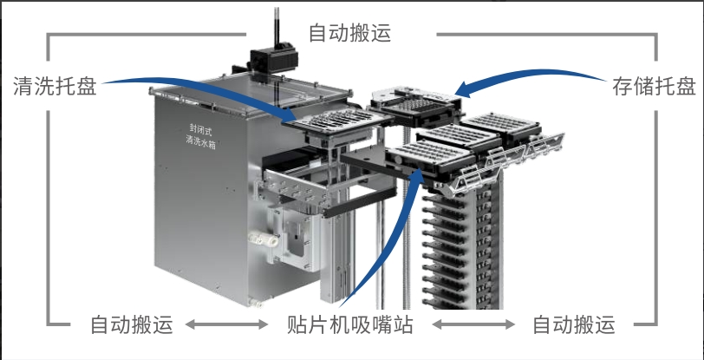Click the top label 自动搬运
click(350, 34)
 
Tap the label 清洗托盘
click(54, 86)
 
